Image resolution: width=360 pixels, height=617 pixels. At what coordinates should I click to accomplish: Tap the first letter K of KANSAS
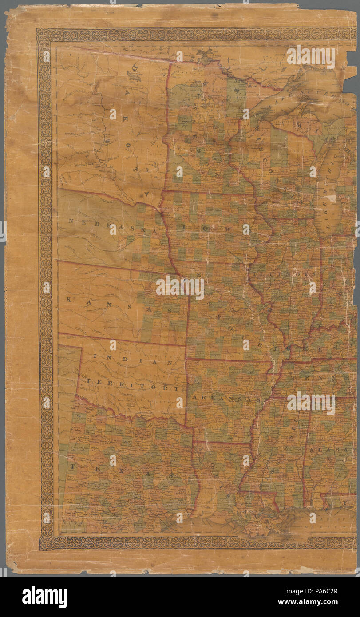coord(69,300)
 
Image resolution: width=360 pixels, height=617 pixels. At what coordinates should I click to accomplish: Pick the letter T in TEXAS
coord(72,466)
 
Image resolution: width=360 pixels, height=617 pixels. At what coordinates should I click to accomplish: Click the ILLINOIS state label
coord(284,275)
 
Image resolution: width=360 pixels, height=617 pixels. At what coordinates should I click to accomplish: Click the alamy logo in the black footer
coord(44,597)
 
